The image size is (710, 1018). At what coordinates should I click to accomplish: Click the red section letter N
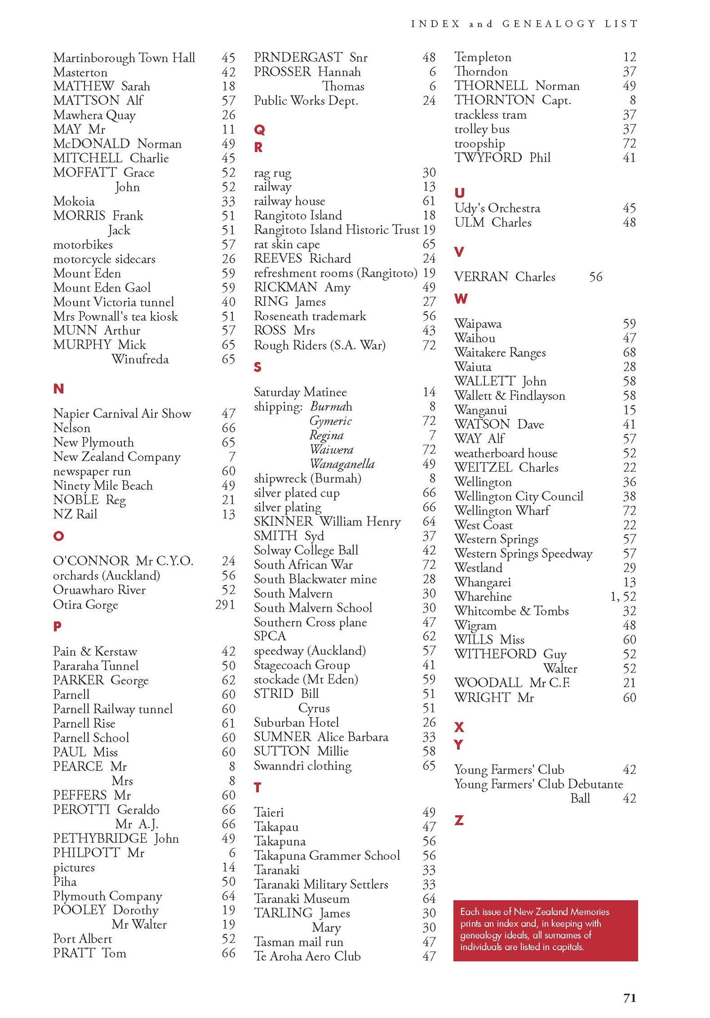click(x=58, y=389)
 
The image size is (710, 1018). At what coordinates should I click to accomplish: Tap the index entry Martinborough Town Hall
click(x=124, y=58)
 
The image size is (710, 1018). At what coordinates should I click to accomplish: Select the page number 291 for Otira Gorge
click(x=225, y=604)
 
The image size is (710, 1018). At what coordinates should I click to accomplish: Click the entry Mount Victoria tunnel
click(x=113, y=302)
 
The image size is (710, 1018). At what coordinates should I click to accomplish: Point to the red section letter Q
click(x=259, y=130)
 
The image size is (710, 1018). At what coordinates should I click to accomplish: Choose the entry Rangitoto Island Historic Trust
click(x=336, y=230)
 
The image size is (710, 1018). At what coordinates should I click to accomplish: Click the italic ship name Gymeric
click(x=330, y=421)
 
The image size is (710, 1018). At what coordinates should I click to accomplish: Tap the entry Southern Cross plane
click(x=310, y=622)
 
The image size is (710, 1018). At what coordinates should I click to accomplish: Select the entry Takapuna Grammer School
click(x=326, y=855)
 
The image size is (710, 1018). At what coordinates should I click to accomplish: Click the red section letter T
click(x=257, y=787)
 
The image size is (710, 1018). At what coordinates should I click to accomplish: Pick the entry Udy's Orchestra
click(x=497, y=208)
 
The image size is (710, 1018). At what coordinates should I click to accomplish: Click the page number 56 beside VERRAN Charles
click(x=596, y=277)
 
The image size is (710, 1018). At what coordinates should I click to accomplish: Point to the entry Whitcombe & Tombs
click(x=511, y=611)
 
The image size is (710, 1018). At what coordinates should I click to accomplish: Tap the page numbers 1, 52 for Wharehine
click(x=623, y=596)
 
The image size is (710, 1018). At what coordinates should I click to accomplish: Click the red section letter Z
click(x=459, y=821)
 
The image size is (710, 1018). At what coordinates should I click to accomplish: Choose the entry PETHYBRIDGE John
click(x=116, y=839)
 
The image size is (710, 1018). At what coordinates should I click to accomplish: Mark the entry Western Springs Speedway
click(x=523, y=554)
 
